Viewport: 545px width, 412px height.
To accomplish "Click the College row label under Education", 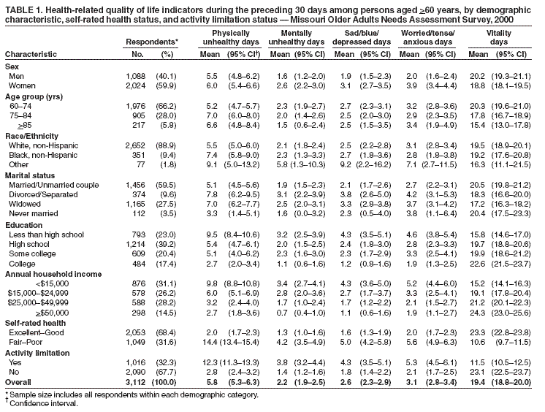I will click(x=21, y=262).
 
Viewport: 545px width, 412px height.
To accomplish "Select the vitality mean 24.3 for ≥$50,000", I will click(x=479, y=311).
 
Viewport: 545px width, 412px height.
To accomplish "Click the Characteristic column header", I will click(x=28, y=54).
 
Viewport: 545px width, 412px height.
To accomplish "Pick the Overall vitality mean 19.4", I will click(x=479, y=381).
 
